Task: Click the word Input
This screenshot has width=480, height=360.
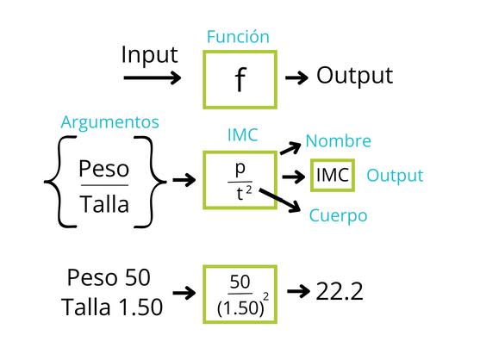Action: pos(149,55)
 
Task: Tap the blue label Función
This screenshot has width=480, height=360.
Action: pos(238,37)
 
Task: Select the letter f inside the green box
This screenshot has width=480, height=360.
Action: pos(240,79)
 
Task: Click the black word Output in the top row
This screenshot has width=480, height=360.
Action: pos(354,76)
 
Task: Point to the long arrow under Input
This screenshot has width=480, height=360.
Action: pos(153,78)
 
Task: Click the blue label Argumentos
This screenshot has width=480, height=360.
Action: pos(110,122)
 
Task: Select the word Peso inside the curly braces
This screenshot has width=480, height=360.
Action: pos(103,169)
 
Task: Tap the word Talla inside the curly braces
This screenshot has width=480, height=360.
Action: pos(104,204)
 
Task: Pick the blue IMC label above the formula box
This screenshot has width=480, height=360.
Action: pos(242,135)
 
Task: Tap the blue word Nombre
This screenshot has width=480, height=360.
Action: pos(339,141)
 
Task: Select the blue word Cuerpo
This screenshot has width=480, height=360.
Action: pos(338,215)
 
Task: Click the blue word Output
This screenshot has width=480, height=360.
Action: pos(395,176)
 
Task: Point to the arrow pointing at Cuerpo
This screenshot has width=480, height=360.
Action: pos(279,200)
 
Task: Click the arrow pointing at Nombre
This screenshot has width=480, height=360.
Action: pos(290,148)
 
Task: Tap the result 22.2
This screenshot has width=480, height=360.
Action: pos(340,291)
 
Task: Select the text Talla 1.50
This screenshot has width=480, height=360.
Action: pos(112,307)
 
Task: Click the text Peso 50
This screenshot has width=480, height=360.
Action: pos(109,277)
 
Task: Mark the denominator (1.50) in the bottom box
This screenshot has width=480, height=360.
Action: pos(240,308)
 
